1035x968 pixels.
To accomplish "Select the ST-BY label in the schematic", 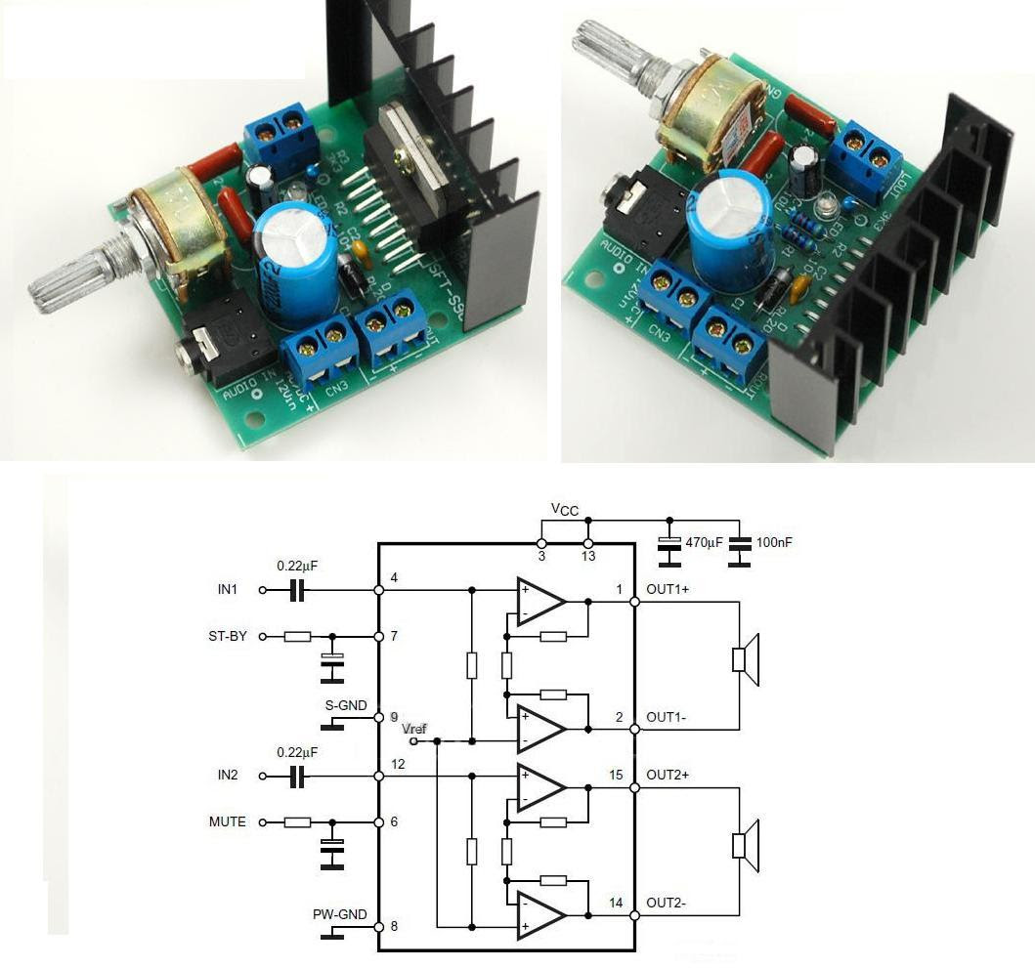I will pyautogui.click(x=228, y=636).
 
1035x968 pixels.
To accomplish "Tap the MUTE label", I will pyautogui.click(x=227, y=821).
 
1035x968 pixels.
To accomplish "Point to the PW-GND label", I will pyautogui.click(x=339, y=914).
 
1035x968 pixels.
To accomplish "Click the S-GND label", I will pyautogui.click(x=347, y=703).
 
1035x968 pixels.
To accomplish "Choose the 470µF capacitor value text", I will pyautogui.click(x=704, y=542).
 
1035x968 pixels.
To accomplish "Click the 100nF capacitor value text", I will pyautogui.click(x=773, y=542).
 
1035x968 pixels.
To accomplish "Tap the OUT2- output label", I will pyautogui.click(x=667, y=903).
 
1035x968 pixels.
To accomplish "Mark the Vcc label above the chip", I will pyautogui.click(x=565, y=508).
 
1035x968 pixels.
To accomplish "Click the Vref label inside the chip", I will pyautogui.click(x=413, y=729).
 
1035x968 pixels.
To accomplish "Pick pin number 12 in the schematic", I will pyautogui.click(x=398, y=763).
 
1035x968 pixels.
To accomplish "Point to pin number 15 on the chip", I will pyautogui.click(x=615, y=775).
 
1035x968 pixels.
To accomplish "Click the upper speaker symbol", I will pyautogui.click(x=746, y=659).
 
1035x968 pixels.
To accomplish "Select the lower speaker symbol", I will pyautogui.click(x=746, y=845).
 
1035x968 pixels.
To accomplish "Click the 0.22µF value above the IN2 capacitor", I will pyautogui.click(x=297, y=753).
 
